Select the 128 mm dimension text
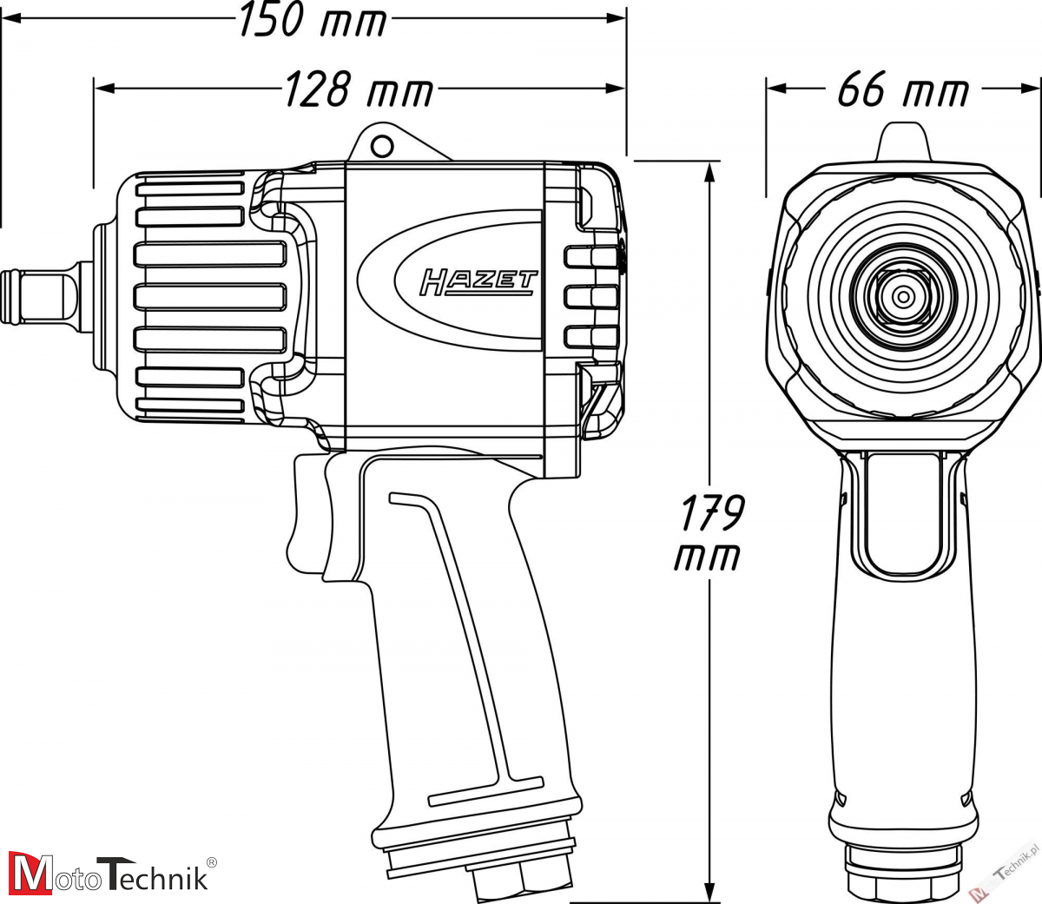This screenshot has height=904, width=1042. coord(359,89)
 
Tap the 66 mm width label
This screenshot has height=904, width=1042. coord(902,89)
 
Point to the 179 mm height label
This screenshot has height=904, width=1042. coord(709,531)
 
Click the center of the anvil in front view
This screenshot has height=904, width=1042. coord(904,297)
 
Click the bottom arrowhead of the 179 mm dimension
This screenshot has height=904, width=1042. coord(709,894)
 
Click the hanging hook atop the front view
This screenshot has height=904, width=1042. coord(904,141)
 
